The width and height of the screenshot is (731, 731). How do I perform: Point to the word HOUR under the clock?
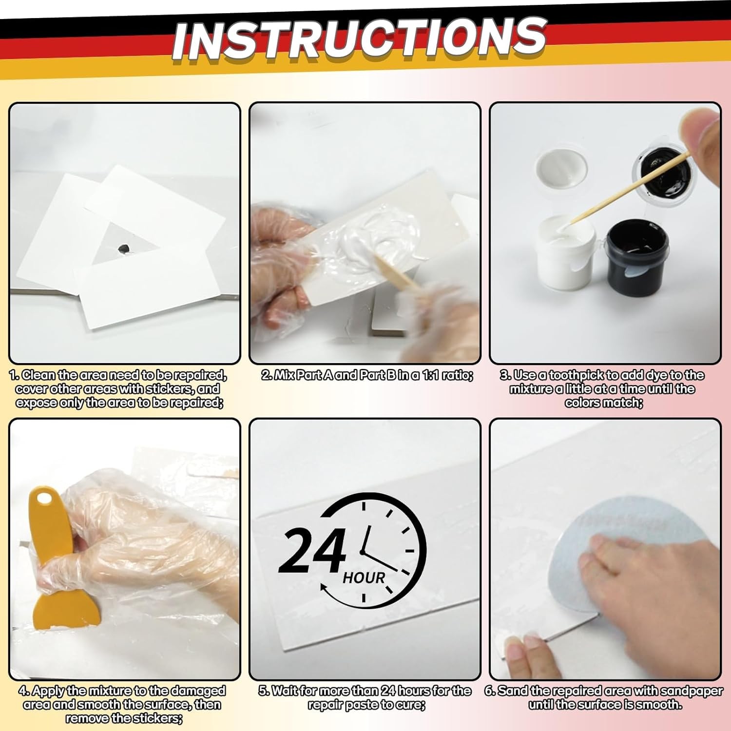click(x=364, y=578)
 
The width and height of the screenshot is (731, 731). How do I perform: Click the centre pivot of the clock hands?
click(x=362, y=551)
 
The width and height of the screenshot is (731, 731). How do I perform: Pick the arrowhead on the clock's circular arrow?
click(x=324, y=588)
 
